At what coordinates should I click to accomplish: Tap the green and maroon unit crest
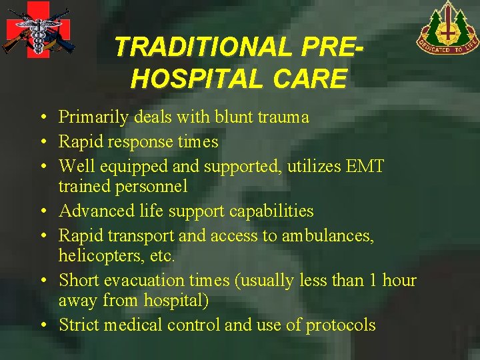coord(449,28)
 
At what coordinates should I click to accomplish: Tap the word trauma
coord(285,117)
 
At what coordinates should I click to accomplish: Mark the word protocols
coord(341,325)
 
